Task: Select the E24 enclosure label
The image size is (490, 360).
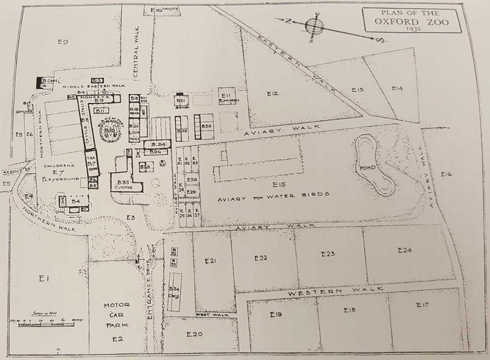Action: pyautogui.click(x=404, y=250)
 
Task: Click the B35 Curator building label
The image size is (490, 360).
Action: pyautogui.click(x=127, y=184)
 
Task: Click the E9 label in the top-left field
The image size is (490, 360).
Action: pyautogui.click(x=63, y=42)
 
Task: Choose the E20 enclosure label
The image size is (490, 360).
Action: pyautogui.click(x=195, y=334)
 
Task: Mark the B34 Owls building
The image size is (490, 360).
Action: pyautogui.click(x=175, y=291)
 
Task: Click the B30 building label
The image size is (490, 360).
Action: pyautogui.click(x=207, y=125)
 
